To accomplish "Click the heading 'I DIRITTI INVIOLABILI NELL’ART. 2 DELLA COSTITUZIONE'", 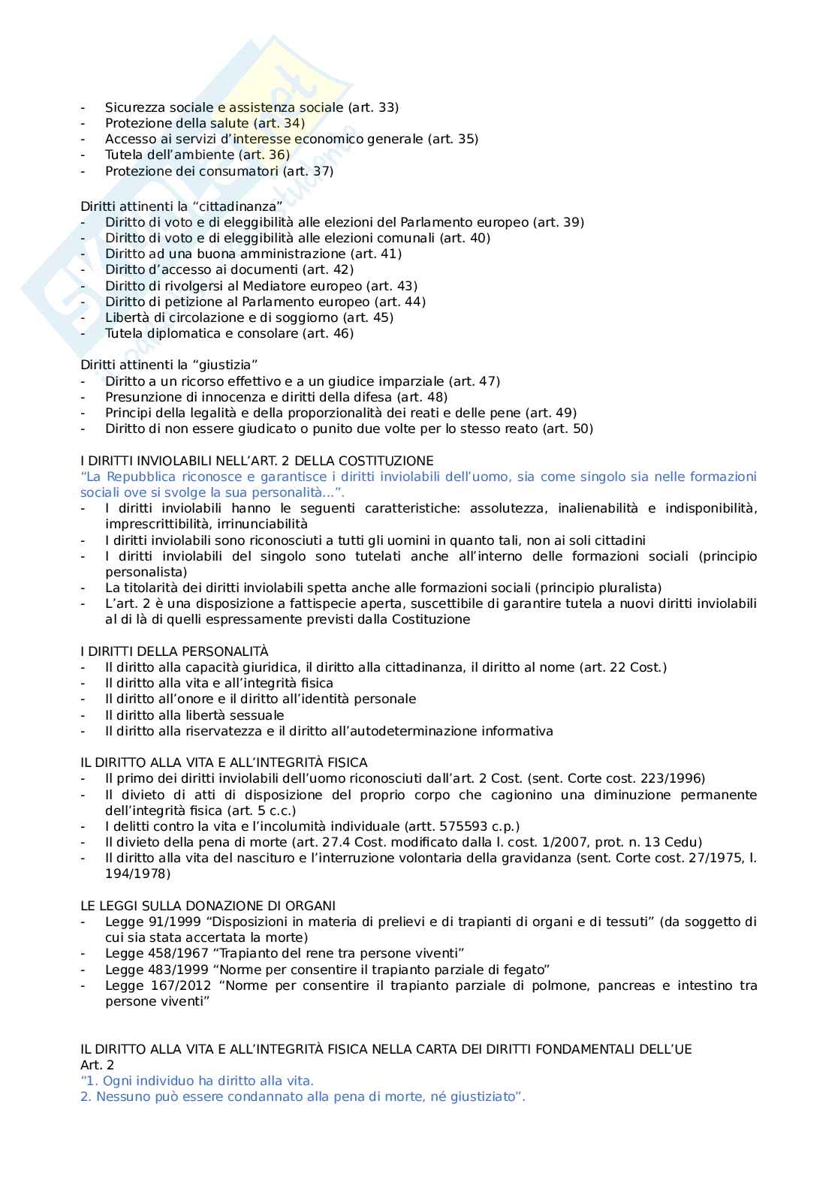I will [x=257, y=461].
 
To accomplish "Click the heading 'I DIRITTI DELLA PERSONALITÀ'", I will [x=174, y=651].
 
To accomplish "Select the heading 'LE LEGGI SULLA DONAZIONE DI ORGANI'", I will [x=208, y=906].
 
